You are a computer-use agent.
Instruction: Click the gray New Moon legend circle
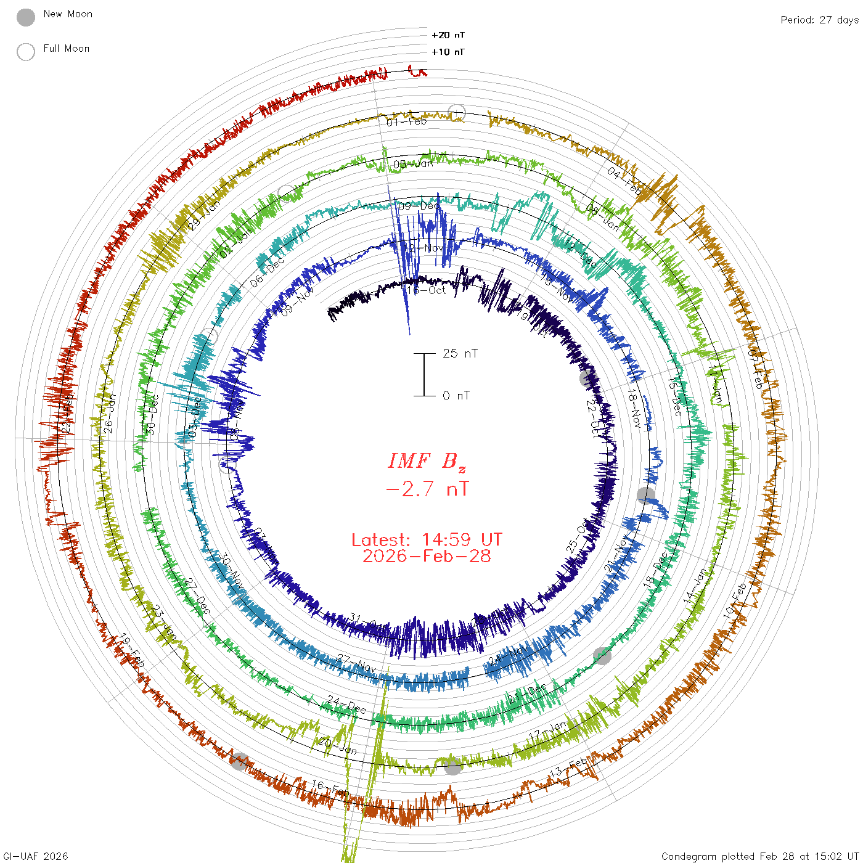(x=26, y=18)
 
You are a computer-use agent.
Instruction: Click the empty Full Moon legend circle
(x=26, y=52)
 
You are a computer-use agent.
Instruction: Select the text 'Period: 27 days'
(x=819, y=20)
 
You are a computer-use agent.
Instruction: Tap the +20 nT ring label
(x=448, y=35)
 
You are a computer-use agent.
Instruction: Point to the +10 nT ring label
(x=448, y=52)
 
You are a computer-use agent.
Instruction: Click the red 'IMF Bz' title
(x=427, y=461)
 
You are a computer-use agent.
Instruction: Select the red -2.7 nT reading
(x=427, y=489)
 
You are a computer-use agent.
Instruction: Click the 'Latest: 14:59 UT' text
(x=427, y=540)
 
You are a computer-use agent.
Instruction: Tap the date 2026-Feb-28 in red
(x=427, y=556)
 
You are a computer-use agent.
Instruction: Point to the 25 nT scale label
(x=460, y=353)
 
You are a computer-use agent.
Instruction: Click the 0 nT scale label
(x=456, y=395)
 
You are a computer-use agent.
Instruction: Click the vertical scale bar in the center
(x=424, y=374)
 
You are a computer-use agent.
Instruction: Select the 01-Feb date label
(x=407, y=121)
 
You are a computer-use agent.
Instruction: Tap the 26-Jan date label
(x=109, y=414)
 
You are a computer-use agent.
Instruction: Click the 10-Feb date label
(x=735, y=600)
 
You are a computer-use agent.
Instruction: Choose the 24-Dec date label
(x=346, y=704)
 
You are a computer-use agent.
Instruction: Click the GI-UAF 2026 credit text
(x=35, y=856)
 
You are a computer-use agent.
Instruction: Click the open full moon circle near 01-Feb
(x=457, y=113)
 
